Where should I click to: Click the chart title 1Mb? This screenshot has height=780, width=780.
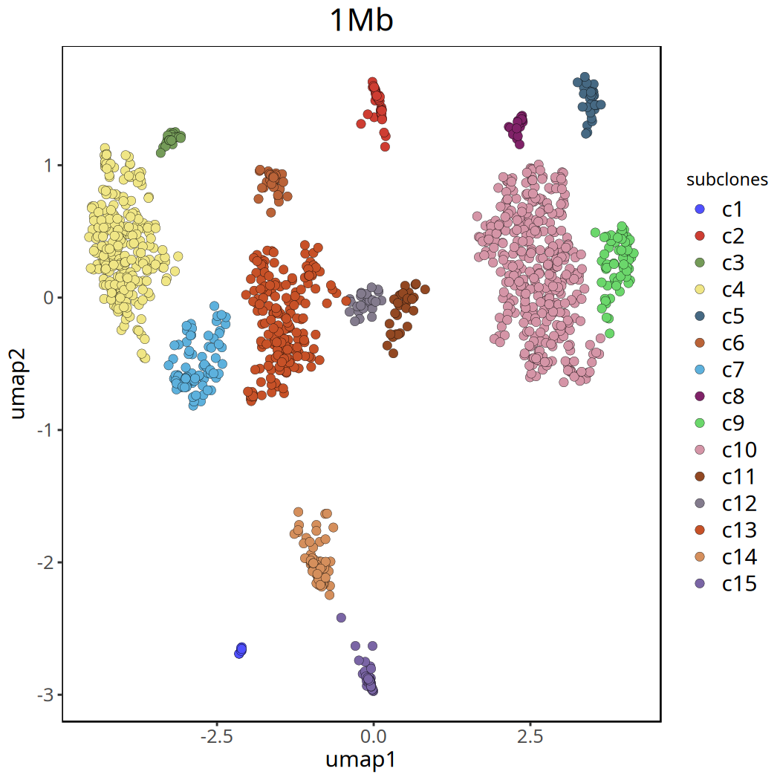tap(361, 21)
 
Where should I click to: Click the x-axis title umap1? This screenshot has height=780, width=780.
tap(361, 760)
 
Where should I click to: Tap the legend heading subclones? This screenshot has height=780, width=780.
tap(727, 180)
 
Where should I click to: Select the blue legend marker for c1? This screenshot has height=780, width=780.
tap(698, 209)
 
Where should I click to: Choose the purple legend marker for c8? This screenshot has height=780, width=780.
tap(698, 397)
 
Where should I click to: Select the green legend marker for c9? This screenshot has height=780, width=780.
tap(698, 423)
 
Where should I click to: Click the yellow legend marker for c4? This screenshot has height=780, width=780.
tap(698, 290)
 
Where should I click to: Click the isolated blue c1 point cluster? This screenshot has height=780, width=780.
tap(240, 651)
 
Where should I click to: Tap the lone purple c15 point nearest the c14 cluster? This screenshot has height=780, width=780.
tap(341, 617)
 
